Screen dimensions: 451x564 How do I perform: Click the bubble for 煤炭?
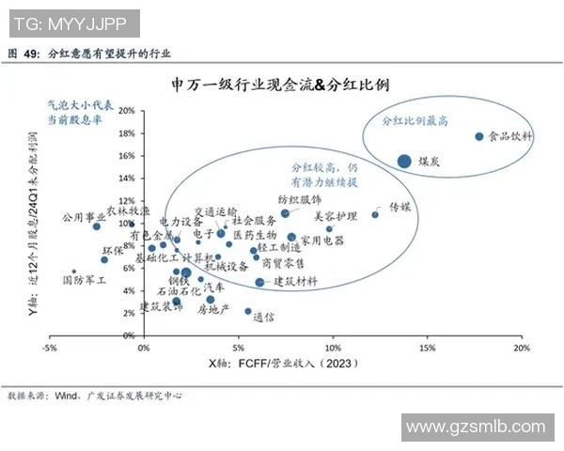tap(404, 161)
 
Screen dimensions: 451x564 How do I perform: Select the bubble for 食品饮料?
tap(478, 136)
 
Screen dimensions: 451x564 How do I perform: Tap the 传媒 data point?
tap(375, 214)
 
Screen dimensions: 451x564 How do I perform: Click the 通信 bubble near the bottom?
tap(248, 311)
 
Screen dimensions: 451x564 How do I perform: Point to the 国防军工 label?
tap(85, 280)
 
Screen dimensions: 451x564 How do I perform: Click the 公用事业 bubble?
tap(96, 226)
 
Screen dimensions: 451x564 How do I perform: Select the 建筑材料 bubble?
tap(259, 282)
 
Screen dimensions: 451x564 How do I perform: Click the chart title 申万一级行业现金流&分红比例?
tap(281, 86)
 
